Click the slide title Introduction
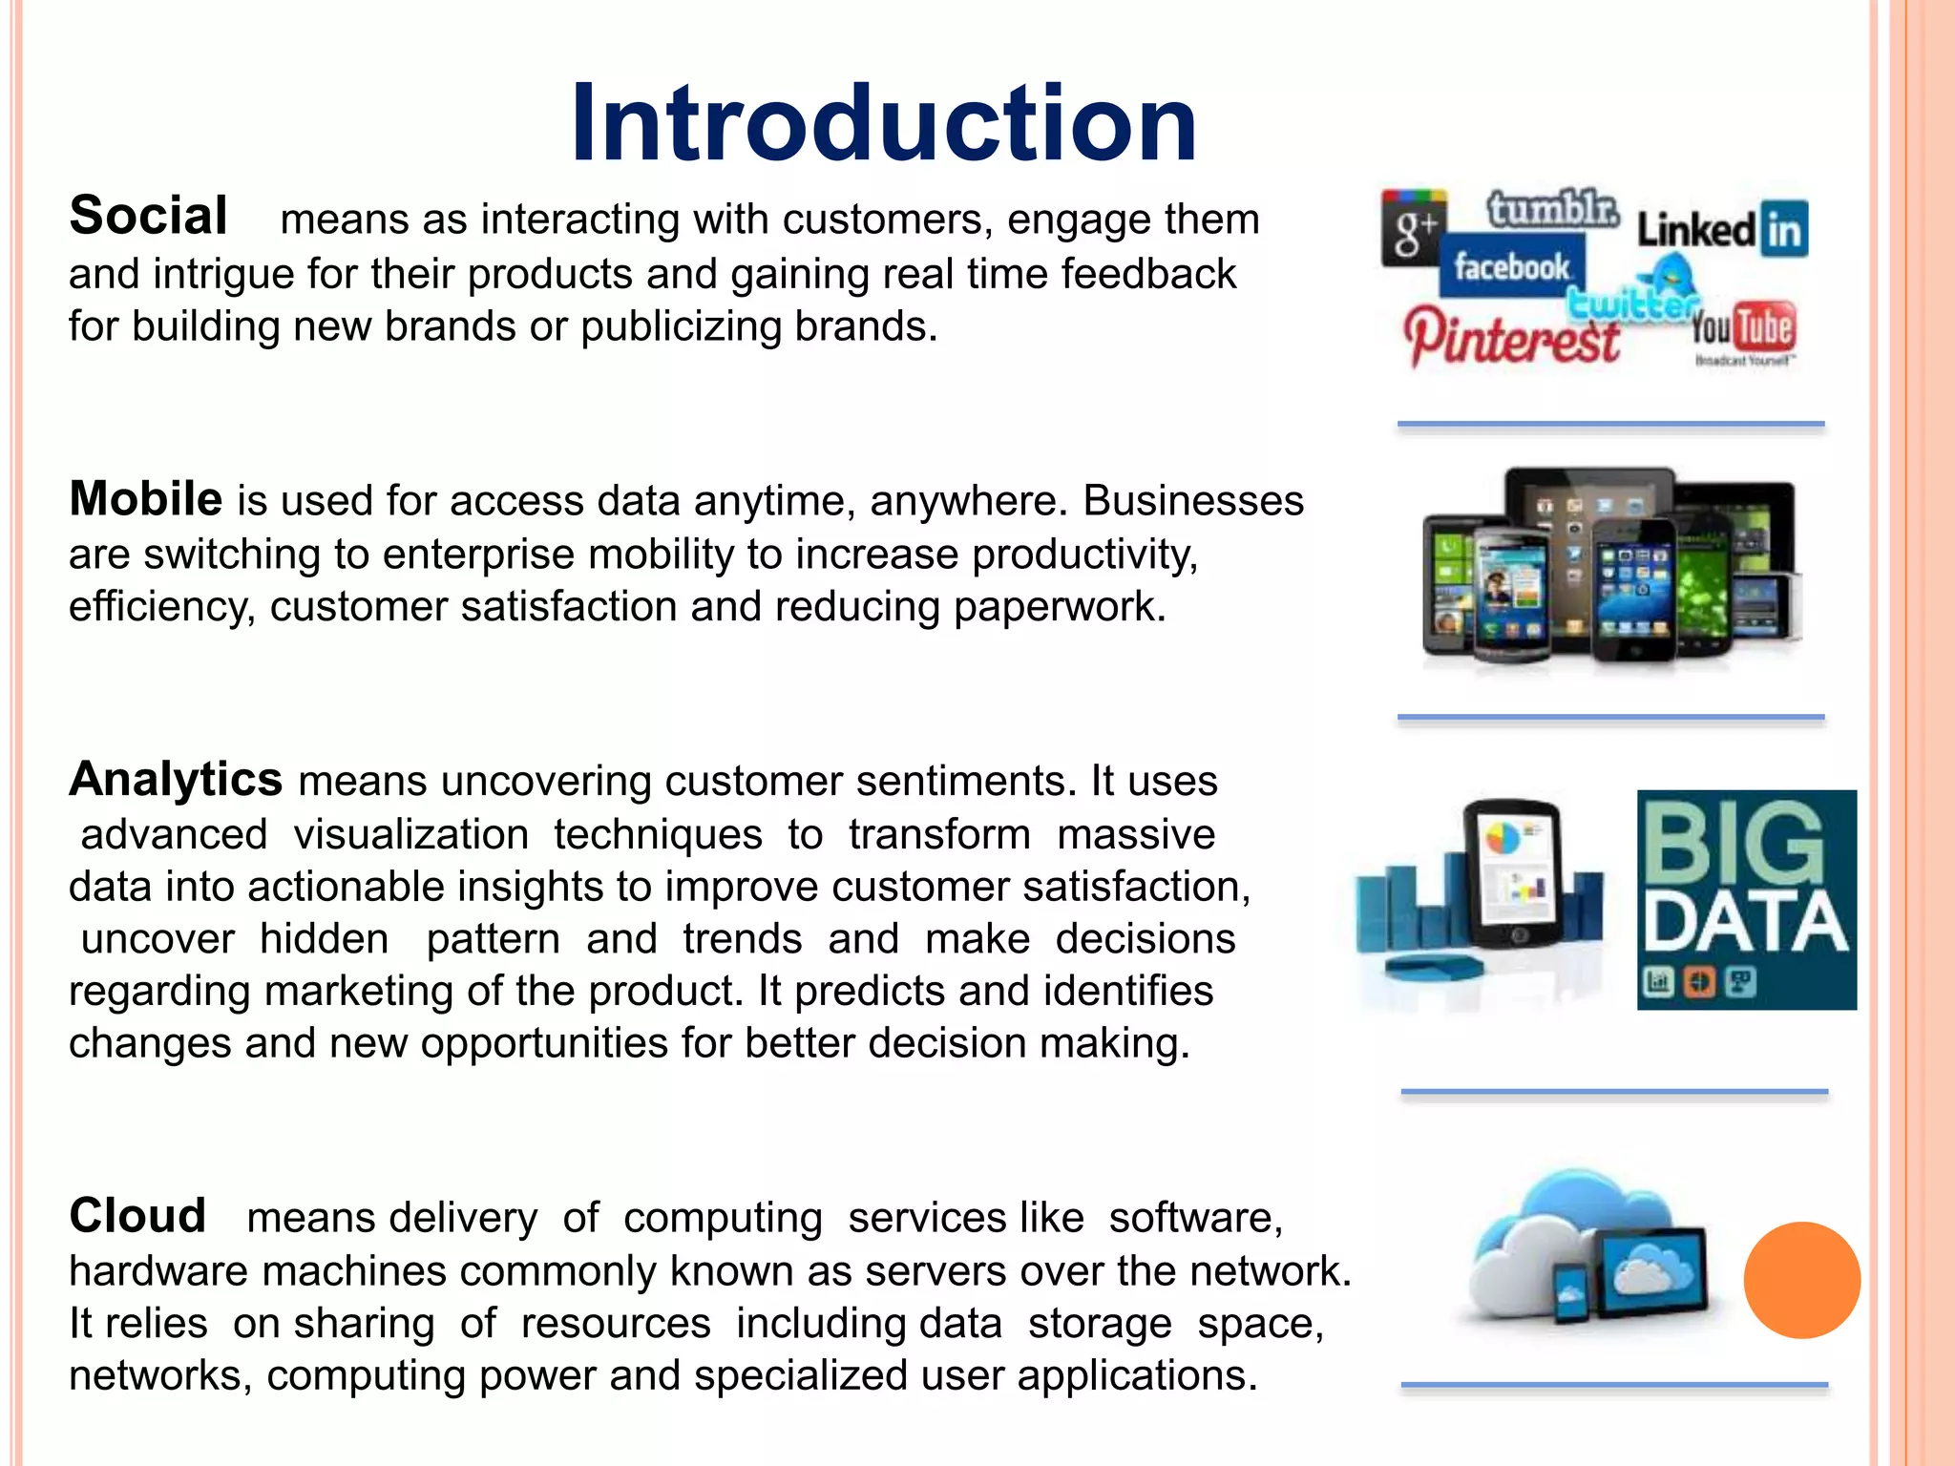pos(883,124)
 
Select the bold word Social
pos(148,216)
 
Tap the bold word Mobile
pos(145,499)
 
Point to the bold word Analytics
pos(176,779)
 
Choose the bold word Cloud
pos(137,1216)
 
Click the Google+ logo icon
pos(1414,229)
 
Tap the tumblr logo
pos(1552,209)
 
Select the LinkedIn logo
pos(1722,230)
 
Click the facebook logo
pos(1512,267)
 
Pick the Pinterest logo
pos(1511,338)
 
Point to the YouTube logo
pos(1743,329)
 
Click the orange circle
pos(1801,1280)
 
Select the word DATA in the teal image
pos(1745,923)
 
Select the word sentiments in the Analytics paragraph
pos(959,782)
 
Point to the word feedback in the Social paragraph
pos(1148,274)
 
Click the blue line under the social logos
pos(1610,424)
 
